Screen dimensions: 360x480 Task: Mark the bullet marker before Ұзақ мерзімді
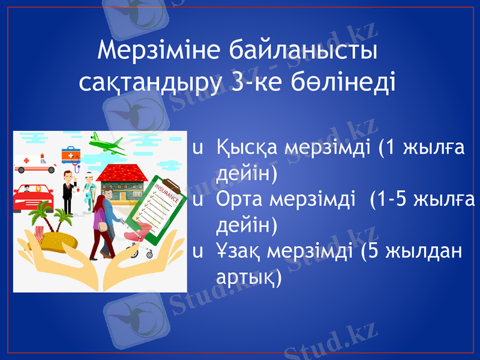pyautogui.click(x=196, y=253)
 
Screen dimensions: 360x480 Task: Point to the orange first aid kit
pyautogui.click(x=71, y=155)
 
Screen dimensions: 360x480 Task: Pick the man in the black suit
pyautogui.click(x=68, y=192)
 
